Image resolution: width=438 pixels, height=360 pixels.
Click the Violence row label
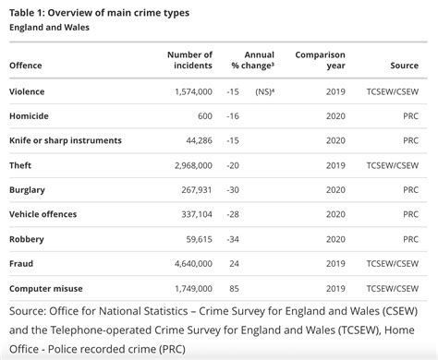pyautogui.click(x=28, y=92)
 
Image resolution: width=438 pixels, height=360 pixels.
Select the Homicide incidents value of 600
pyautogui.click(x=202, y=116)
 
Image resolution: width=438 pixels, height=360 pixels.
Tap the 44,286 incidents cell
pyautogui.click(x=195, y=141)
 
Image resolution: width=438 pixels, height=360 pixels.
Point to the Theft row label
pyautogui.click(x=22, y=165)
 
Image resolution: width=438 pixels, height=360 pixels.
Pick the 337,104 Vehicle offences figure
pyautogui.click(x=192, y=214)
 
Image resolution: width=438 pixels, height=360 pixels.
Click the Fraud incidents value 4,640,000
pyautogui.click(x=189, y=263)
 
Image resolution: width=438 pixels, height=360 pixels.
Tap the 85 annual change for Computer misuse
pyautogui.click(x=233, y=288)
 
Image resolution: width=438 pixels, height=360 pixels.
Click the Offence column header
pyautogui.click(x=26, y=66)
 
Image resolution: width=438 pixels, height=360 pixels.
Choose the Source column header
pyautogui.click(x=405, y=66)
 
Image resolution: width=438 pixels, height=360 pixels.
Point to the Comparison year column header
pyautogui.click(x=320, y=61)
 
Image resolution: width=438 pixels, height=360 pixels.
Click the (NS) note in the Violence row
pyautogui.click(x=263, y=92)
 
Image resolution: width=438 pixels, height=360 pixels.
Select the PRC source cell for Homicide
pyautogui.click(x=409, y=116)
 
